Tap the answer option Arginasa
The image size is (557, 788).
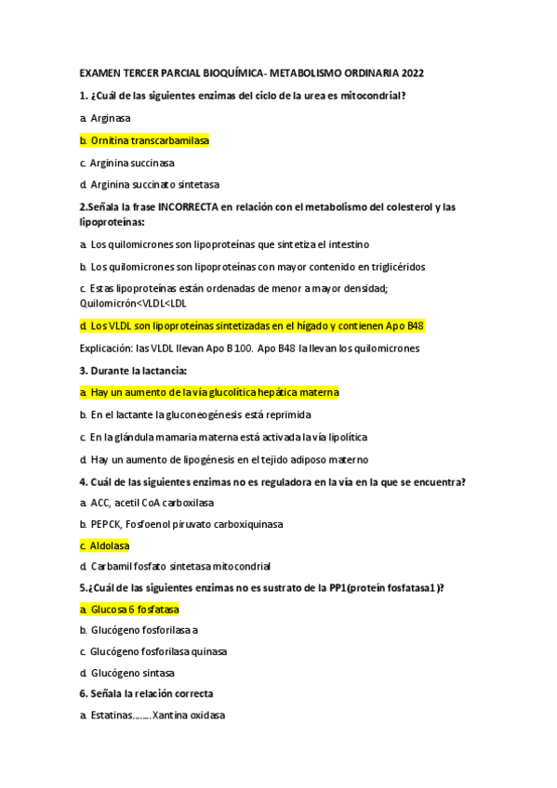click(110, 118)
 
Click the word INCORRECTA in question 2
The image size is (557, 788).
click(192, 207)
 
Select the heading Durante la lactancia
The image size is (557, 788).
click(139, 371)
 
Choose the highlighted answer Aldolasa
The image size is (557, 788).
click(110, 545)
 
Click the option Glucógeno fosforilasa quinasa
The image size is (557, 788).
click(159, 650)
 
